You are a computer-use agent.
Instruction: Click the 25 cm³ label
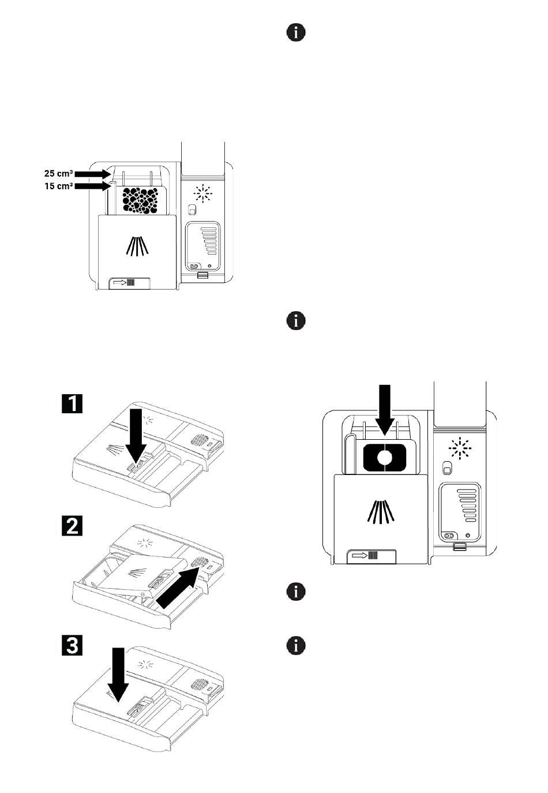coord(59,174)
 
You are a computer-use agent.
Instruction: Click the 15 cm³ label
coord(59,186)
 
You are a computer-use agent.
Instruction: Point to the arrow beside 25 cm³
coord(93,174)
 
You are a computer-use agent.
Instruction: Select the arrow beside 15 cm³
coord(93,186)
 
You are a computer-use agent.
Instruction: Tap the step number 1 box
coord(72,403)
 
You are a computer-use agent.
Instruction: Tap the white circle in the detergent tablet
coord(384,458)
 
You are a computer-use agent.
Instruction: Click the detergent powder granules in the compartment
coord(140,201)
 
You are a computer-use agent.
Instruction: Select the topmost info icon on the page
coord(296,33)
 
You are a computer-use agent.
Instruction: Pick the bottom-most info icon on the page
coord(296,646)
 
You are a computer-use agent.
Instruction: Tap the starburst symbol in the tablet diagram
coord(460,448)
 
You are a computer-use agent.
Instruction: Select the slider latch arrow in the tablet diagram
coord(360,555)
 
